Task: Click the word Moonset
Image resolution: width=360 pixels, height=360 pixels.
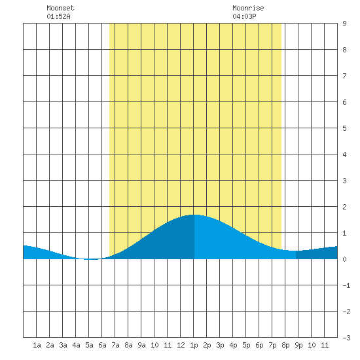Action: [x=60, y=8]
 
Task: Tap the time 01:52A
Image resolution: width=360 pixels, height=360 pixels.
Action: [x=58, y=16]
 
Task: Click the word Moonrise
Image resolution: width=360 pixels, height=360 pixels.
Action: [x=248, y=8]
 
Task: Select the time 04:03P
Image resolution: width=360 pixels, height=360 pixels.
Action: [x=244, y=16]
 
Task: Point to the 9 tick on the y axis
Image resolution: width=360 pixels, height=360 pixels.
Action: [x=344, y=24]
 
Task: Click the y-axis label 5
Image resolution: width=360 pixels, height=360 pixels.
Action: [x=344, y=128]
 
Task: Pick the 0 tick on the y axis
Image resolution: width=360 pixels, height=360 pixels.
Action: [x=344, y=259]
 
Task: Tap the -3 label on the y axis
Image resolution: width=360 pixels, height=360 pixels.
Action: [x=346, y=338]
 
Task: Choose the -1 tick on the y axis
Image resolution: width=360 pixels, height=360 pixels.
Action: [x=346, y=285]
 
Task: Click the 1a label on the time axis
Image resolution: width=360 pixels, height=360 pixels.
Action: [x=37, y=345]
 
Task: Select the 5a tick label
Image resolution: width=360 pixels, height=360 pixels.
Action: [x=89, y=345]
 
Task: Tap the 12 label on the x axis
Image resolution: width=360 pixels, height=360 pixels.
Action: [x=181, y=345]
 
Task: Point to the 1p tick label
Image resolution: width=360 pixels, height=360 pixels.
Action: [x=194, y=346]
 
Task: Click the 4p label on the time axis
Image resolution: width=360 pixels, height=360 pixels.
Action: [x=233, y=346]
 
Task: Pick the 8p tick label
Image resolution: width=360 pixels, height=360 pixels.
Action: [x=285, y=346]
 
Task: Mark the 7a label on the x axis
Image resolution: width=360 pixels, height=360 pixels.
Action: [x=115, y=345]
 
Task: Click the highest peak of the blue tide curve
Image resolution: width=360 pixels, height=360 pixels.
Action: [x=194, y=215]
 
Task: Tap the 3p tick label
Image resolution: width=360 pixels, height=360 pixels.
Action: [x=220, y=346]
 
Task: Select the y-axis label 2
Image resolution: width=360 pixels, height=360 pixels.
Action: [x=344, y=207]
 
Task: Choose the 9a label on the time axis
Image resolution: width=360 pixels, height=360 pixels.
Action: [x=141, y=345]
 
